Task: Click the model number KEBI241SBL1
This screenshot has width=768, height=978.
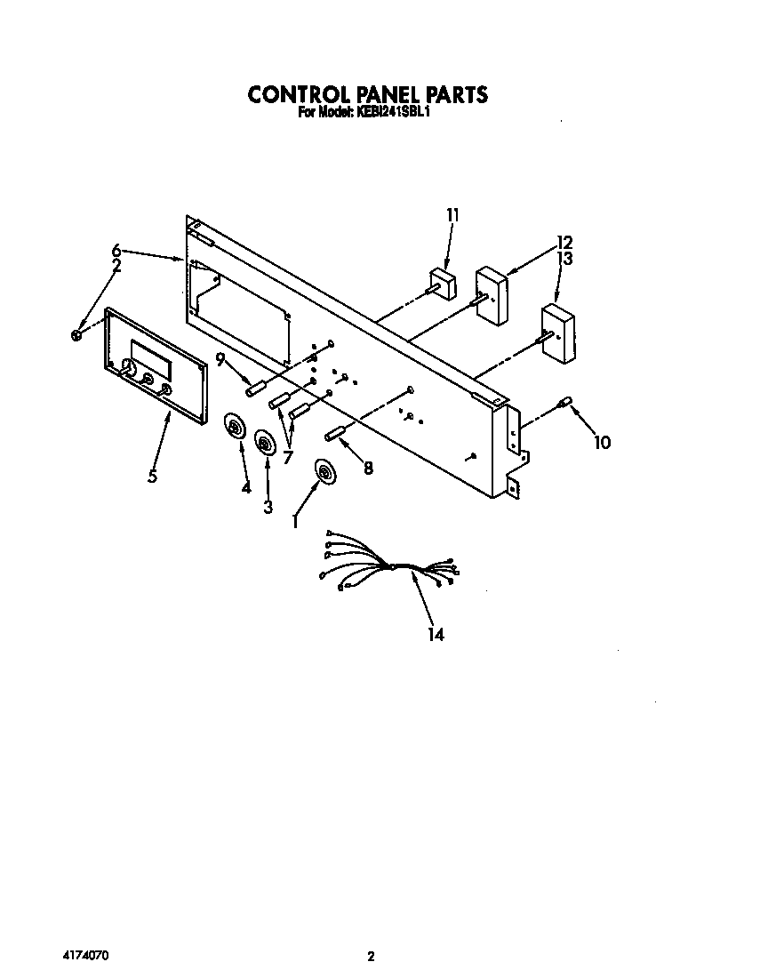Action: (394, 114)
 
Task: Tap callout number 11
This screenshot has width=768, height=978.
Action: (453, 214)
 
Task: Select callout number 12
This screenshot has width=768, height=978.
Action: (564, 242)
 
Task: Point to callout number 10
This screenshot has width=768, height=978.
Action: (602, 442)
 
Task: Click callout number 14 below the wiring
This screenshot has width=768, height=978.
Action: (435, 634)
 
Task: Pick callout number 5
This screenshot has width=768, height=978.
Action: (153, 477)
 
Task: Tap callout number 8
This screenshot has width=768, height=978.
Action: (367, 467)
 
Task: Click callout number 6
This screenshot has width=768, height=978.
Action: (116, 251)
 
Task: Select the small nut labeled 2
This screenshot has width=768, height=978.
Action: (76, 335)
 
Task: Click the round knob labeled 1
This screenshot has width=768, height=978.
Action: (324, 473)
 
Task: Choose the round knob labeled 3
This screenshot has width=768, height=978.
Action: (265, 441)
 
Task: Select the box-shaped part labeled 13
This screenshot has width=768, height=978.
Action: (557, 333)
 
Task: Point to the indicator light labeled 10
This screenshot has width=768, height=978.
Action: (563, 405)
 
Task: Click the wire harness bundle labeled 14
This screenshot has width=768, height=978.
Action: (391, 565)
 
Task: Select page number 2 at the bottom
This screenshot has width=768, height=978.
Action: (372, 957)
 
